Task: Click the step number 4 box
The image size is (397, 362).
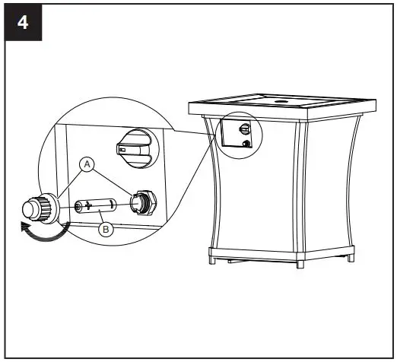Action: (24, 22)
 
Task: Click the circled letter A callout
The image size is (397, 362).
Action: (86, 163)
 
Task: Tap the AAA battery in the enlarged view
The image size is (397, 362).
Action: (96, 205)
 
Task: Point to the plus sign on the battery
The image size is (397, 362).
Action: (89, 205)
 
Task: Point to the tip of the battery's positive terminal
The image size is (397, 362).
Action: (77, 206)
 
